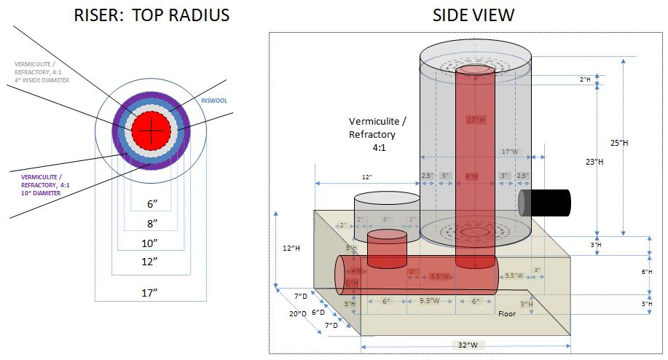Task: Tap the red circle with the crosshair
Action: tap(151, 131)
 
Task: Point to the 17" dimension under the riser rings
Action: tap(149, 293)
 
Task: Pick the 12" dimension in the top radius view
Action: tap(149, 260)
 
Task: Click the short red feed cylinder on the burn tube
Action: tap(387, 249)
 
